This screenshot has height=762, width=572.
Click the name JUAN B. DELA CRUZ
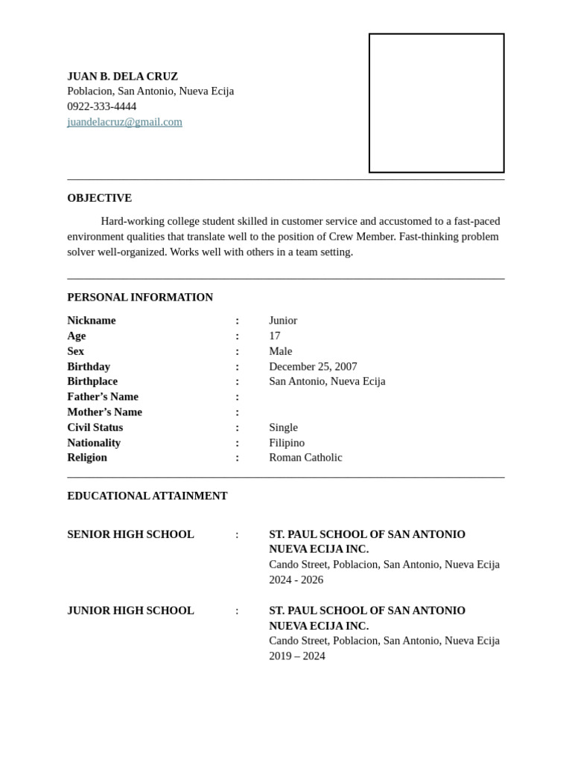tap(122, 76)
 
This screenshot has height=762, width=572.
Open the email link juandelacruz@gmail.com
tap(124, 122)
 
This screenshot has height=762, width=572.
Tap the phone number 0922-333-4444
tap(101, 106)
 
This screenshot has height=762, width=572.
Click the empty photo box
tap(436, 103)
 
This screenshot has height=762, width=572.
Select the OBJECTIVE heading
tap(99, 198)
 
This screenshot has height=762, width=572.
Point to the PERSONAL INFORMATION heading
tap(140, 297)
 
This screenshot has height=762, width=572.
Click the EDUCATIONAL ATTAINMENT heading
tap(147, 496)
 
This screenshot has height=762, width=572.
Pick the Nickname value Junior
tap(283, 321)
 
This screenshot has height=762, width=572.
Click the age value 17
tap(275, 336)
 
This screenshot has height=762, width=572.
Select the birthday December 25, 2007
tap(313, 366)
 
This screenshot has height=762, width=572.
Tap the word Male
tap(281, 351)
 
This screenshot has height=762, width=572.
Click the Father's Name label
tap(103, 397)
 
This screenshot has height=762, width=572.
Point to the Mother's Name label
tap(104, 412)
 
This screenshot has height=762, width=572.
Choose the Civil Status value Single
tap(283, 427)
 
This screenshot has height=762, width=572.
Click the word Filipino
tap(287, 443)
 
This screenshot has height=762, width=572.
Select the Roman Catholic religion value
tap(305, 458)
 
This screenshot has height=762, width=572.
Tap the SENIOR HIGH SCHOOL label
tap(130, 534)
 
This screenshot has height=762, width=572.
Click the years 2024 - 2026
tap(296, 580)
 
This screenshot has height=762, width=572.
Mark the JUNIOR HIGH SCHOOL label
tap(130, 610)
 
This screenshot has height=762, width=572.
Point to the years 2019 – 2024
tap(297, 656)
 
